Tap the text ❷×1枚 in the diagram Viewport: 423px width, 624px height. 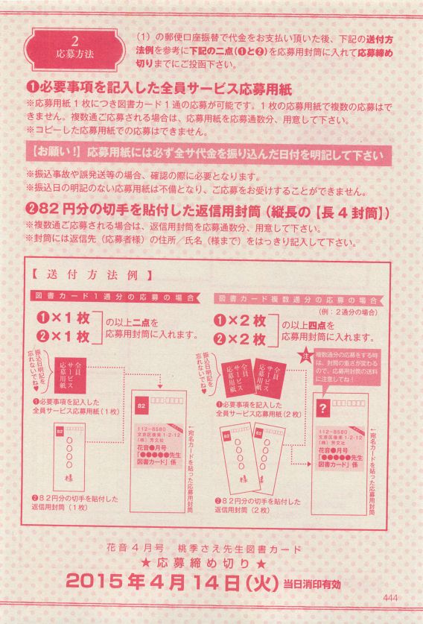coord(63,336)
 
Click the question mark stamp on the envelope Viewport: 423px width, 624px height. coord(322,409)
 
